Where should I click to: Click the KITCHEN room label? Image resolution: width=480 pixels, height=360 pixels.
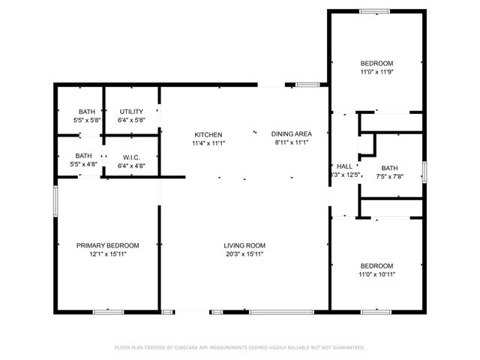pyautogui.click(x=208, y=134)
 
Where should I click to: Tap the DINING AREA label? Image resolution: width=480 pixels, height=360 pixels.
pyautogui.click(x=292, y=134)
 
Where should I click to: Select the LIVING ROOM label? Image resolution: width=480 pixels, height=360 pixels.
pyautogui.click(x=244, y=245)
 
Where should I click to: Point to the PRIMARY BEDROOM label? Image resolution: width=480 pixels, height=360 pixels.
pyautogui.click(x=107, y=245)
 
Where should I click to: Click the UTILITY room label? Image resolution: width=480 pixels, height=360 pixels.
pyautogui.click(x=131, y=112)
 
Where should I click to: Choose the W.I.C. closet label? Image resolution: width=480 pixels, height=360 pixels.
pyautogui.click(x=131, y=157)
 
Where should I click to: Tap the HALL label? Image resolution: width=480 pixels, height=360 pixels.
pyautogui.click(x=344, y=166)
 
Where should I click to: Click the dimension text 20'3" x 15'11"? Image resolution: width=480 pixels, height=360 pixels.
pyautogui.click(x=244, y=253)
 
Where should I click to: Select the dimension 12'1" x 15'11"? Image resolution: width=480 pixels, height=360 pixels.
pyautogui.click(x=107, y=253)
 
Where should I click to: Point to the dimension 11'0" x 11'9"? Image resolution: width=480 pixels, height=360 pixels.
pyautogui.click(x=376, y=72)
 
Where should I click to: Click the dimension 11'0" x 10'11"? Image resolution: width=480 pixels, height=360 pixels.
pyautogui.click(x=376, y=274)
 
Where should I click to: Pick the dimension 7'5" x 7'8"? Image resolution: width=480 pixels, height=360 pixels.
pyautogui.click(x=389, y=176)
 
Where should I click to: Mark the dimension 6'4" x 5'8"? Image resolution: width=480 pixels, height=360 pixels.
pyautogui.click(x=131, y=120)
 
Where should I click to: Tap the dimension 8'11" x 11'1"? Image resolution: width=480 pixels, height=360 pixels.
pyautogui.click(x=292, y=142)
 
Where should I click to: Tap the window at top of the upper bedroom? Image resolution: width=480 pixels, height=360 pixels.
pyautogui.click(x=374, y=10)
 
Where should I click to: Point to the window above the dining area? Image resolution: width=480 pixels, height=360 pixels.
pyautogui.click(x=307, y=85)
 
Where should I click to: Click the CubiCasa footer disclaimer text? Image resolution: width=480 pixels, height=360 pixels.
pyautogui.click(x=240, y=347)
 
